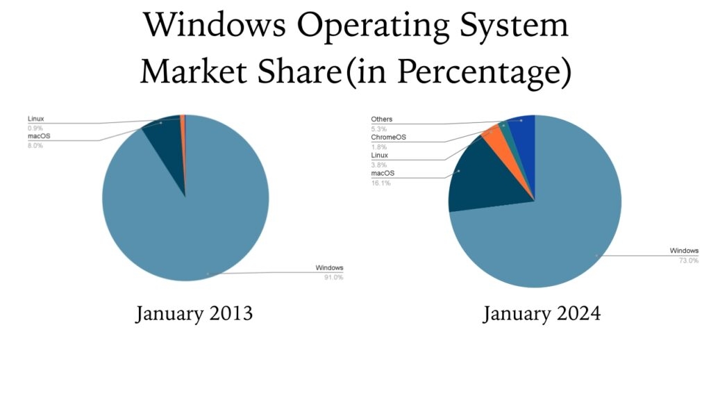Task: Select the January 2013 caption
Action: tap(194, 314)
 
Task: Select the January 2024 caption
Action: tap(542, 314)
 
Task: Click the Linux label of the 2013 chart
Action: tap(36, 119)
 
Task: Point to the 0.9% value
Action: tap(35, 128)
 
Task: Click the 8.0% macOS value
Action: tap(35, 145)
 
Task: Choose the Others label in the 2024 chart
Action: tap(381, 119)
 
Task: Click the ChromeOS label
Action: tap(387, 137)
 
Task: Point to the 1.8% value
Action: tap(378, 147)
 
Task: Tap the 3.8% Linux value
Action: tap(378, 165)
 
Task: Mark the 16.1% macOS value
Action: tap(380, 183)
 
